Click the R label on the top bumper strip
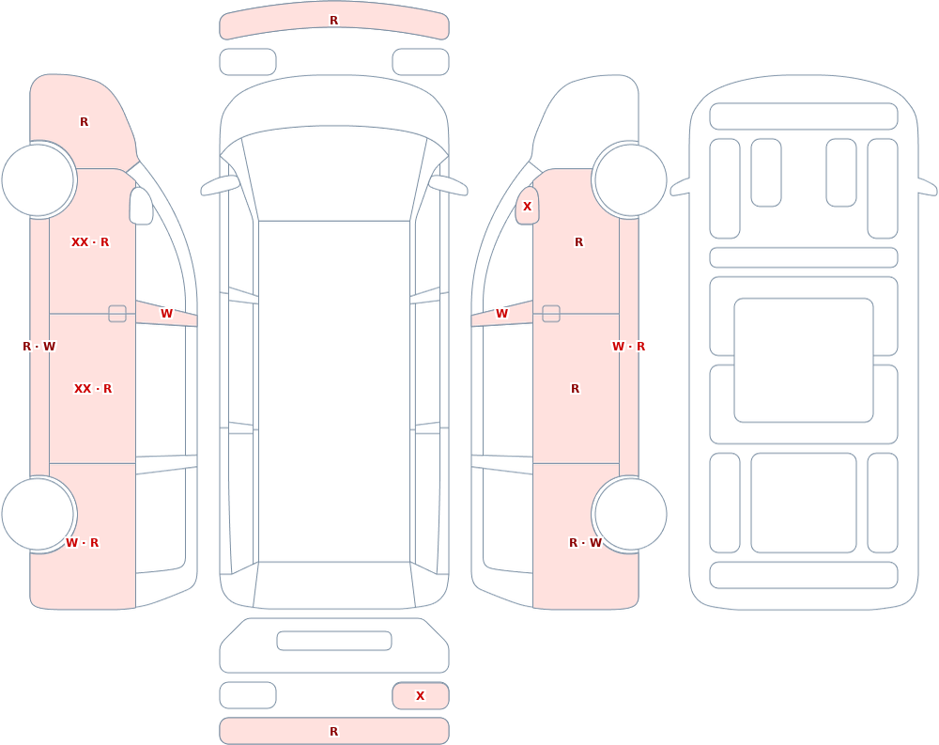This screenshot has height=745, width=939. click(333, 21)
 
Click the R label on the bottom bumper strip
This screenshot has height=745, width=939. click(333, 731)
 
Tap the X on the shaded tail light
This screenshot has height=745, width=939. click(420, 695)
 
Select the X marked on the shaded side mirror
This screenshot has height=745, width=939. click(527, 206)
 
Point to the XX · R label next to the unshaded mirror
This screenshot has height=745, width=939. click(90, 242)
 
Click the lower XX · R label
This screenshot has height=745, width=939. click(93, 388)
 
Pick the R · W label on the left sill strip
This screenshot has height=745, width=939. click(38, 347)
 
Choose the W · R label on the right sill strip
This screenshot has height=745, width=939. click(628, 347)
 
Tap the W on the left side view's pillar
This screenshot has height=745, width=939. click(166, 314)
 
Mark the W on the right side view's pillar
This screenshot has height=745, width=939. click(501, 314)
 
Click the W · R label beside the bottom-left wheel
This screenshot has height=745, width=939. click(82, 542)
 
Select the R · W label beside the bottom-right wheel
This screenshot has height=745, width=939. click(585, 542)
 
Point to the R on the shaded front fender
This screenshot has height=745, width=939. click(84, 122)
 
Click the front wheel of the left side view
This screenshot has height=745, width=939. click(38, 179)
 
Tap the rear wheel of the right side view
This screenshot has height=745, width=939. click(629, 514)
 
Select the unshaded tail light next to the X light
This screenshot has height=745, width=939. click(248, 695)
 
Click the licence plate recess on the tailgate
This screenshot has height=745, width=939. click(334, 641)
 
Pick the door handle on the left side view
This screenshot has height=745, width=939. click(117, 314)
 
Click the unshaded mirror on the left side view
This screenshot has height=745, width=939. click(142, 206)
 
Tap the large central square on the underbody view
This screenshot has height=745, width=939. click(804, 360)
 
